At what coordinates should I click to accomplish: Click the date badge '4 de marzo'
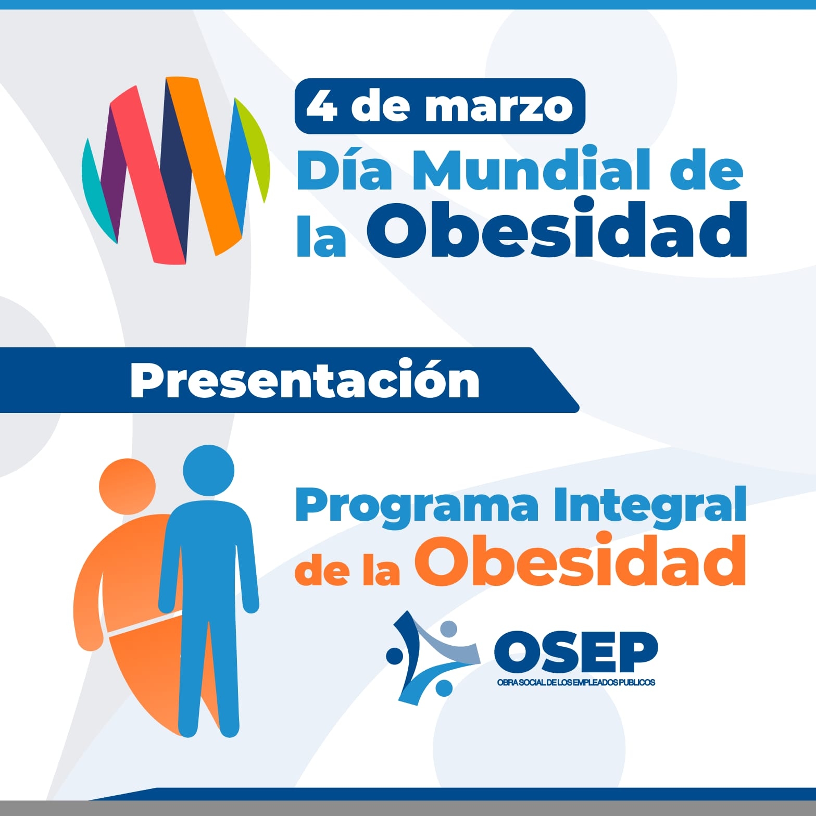click(440, 106)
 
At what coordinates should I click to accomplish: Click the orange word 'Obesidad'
click(580, 560)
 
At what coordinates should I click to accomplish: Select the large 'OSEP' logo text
click(576, 652)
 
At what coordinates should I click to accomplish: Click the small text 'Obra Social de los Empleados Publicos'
click(576, 682)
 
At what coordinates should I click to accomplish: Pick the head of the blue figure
click(208, 470)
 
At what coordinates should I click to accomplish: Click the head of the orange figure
click(127, 486)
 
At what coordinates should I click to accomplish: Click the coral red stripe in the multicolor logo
click(148, 175)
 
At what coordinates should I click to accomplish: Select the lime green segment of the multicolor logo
click(255, 148)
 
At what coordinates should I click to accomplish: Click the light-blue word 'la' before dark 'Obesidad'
click(321, 236)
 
